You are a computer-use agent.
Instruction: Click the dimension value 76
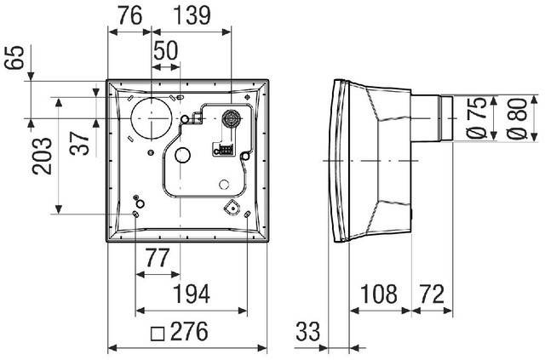[x=130, y=15]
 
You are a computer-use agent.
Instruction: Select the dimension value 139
[x=192, y=15]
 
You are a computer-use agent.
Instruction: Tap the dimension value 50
[x=165, y=50]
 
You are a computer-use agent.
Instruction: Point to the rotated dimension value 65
[x=15, y=57]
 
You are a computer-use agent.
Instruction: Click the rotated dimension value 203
[x=42, y=156]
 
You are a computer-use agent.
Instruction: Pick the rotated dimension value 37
[x=79, y=143]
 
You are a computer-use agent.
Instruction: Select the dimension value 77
[x=157, y=258]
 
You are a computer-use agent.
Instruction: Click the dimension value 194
[x=191, y=294]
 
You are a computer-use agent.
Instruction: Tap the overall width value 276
[x=189, y=332]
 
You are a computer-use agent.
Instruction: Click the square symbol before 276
[x=157, y=334]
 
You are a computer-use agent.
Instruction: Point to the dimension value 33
[x=307, y=332]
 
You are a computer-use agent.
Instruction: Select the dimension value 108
[x=378, y=294]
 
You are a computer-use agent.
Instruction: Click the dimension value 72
[x=432, y=294]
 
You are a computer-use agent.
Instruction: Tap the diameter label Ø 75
[x=476, y=118]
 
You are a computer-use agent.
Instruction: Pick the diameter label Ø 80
[x=517, y=118]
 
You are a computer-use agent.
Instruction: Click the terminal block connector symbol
[x=223, y=150]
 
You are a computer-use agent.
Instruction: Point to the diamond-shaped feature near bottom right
[x=232, y=208]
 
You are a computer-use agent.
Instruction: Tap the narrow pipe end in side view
[x=446, y=118]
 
